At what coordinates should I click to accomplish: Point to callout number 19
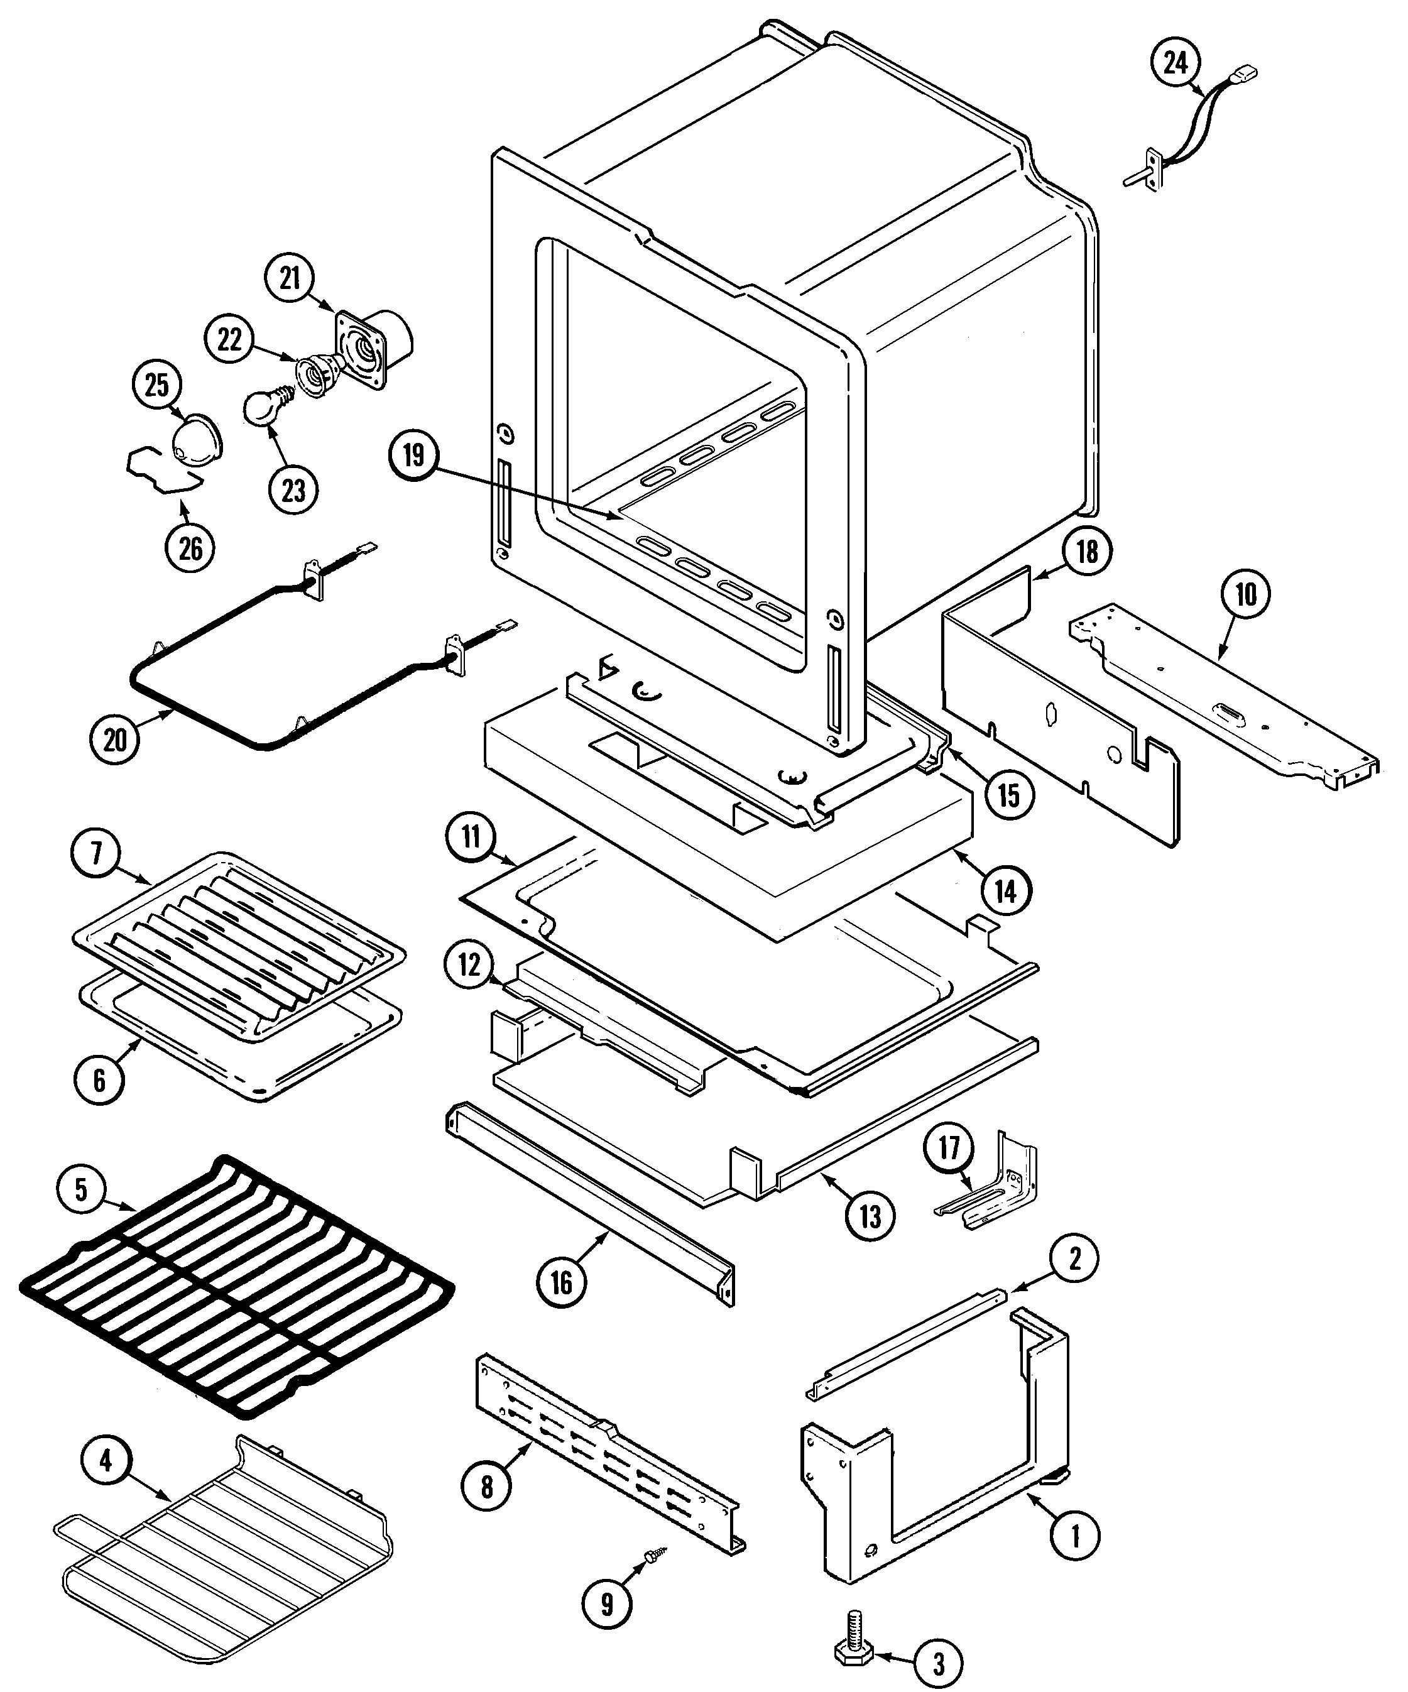point(413,456)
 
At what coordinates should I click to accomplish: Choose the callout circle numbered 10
point(1245,594)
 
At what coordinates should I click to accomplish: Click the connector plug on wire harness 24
point(1248,75)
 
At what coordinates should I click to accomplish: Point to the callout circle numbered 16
point(560,1282)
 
